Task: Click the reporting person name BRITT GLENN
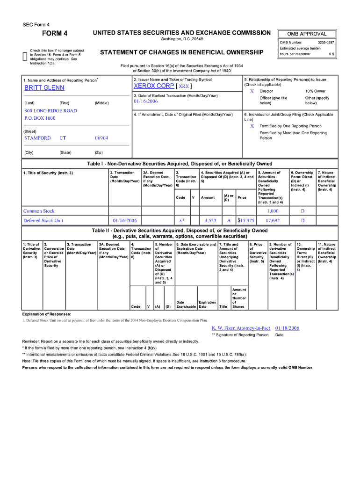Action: (44, 88)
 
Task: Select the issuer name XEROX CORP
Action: (153, 87)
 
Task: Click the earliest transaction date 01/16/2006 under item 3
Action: (146, 102)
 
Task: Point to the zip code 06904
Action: (101, 138)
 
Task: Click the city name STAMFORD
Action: (37, 138)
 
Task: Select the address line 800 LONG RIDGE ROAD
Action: (50, 111)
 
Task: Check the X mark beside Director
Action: (252, 91)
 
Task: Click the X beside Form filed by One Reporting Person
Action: (252, 126)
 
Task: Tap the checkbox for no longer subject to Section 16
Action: (25, 57)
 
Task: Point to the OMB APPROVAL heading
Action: (307, 34)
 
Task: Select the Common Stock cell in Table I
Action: (39, 211)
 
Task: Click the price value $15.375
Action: (246, 220)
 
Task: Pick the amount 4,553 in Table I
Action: (210, 220)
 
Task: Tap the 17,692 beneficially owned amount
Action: (272, 220)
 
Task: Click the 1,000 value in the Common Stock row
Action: (272, 211)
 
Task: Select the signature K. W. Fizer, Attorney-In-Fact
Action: (241, 328)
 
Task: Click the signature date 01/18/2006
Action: (287, 328)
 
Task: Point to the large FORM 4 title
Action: (55, 33)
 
